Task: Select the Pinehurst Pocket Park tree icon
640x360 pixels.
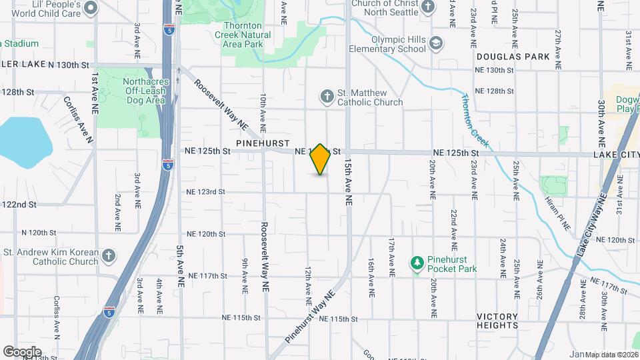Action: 417,263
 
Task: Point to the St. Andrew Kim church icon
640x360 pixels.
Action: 109,256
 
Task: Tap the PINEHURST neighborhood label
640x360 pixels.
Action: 262,143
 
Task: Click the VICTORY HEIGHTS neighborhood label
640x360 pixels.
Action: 497,321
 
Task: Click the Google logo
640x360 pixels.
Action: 21,351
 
